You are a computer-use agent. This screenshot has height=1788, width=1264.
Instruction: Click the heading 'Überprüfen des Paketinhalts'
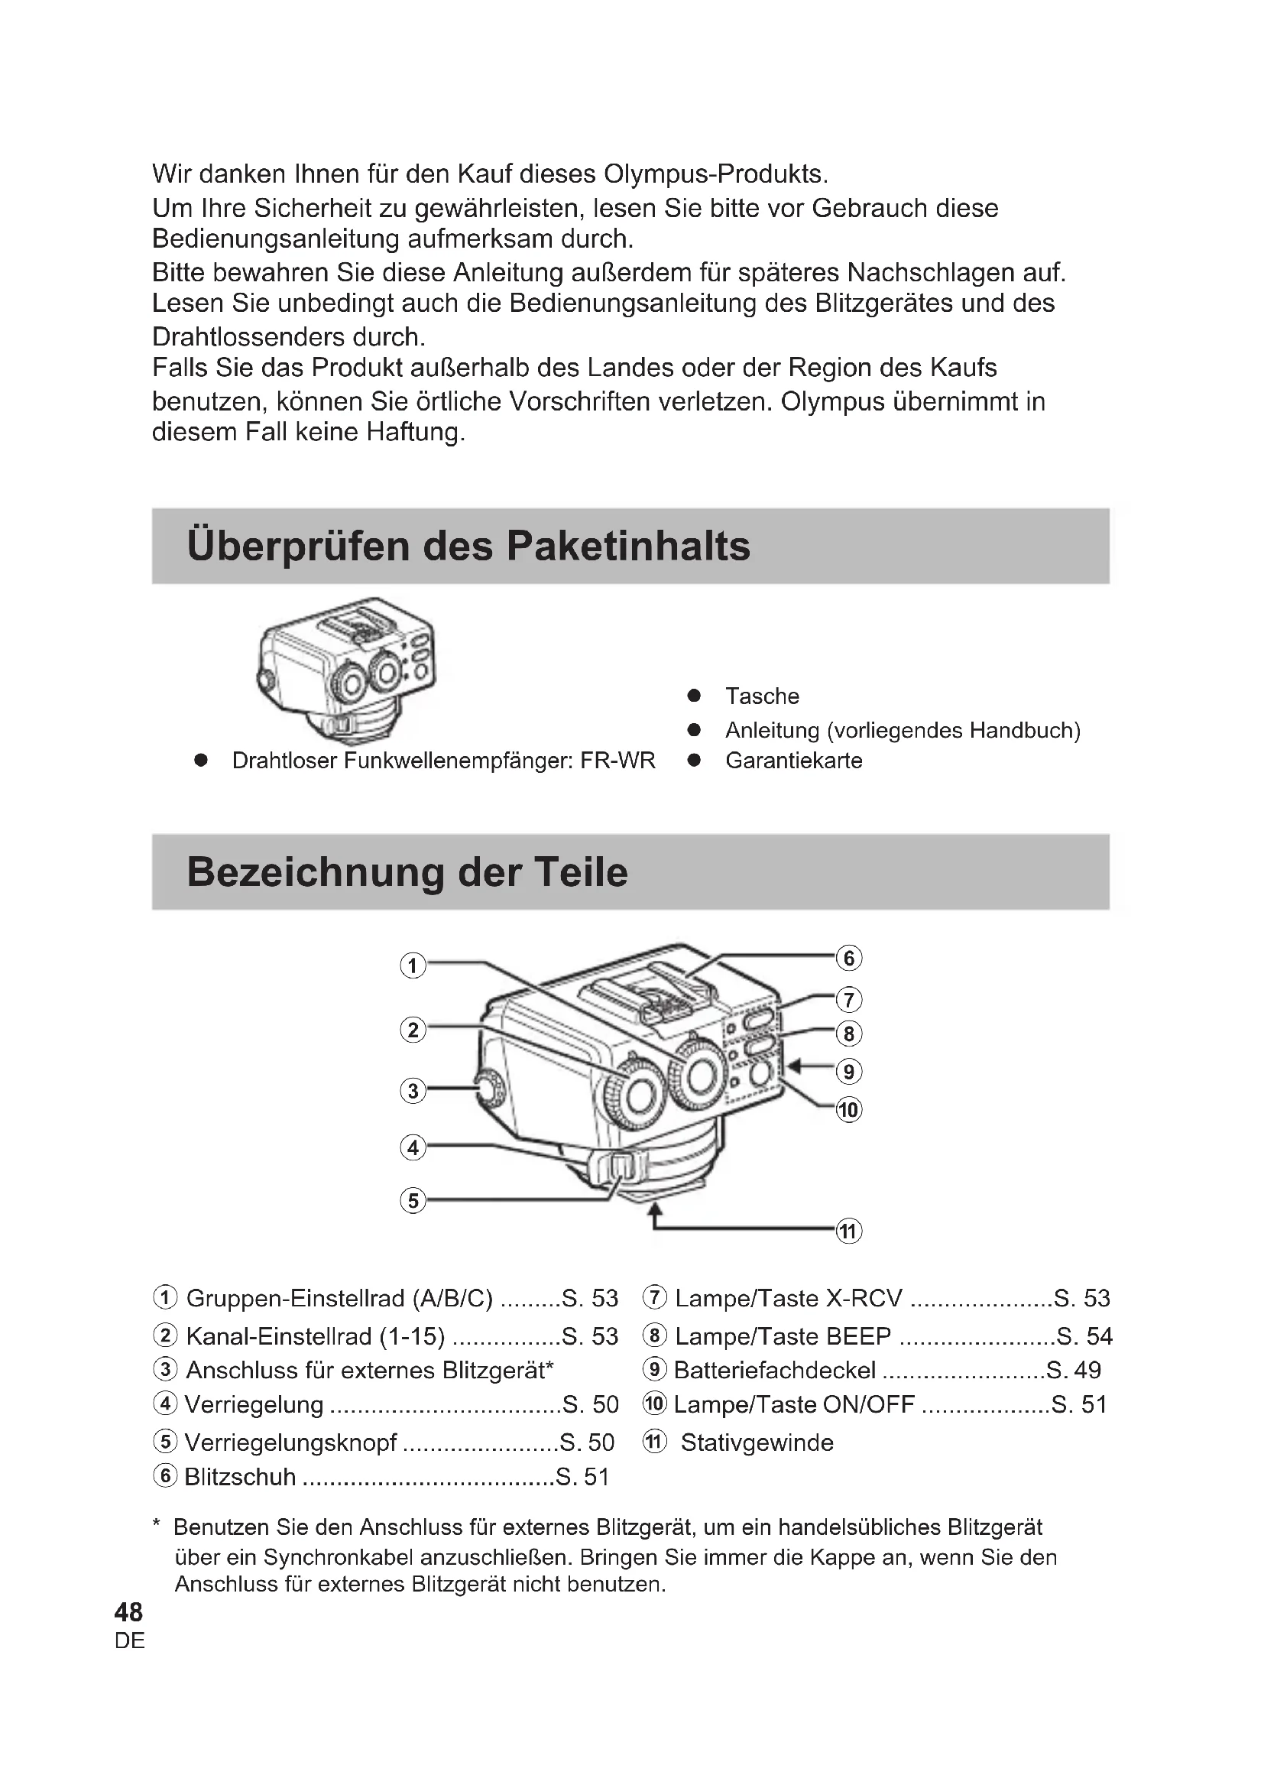click(x=468, y=546)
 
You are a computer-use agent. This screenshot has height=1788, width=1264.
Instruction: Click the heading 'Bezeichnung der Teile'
click(x=407, y=871)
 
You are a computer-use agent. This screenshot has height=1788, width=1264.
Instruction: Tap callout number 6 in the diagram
click(x=848, y=957)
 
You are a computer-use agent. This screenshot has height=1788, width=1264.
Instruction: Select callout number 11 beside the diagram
click(x=848, y=1231)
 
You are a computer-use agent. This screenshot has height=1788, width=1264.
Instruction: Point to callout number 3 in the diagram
click(x=413, y=1090)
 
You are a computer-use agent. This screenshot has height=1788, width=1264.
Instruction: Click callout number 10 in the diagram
click(x=848, y=1109)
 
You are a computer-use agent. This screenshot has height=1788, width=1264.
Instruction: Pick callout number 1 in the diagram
click(x=413, y=966)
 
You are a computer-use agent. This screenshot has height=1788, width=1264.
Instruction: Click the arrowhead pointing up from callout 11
click(x=656, y=1209)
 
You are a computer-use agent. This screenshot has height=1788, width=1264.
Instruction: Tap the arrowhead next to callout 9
click(x=796, y=1065)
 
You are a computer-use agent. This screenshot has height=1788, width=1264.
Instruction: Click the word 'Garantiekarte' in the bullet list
click(x=793, y=760)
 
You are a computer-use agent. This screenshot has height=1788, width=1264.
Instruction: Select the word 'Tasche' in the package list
click(x=762, y=696)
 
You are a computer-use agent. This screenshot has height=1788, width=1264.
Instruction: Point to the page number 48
click(x=128, y=1611)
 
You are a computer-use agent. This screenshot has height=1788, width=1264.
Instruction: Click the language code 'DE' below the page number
click(x=129, y=1640)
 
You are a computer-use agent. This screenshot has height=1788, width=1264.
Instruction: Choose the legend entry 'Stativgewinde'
click(x=757, y=1442)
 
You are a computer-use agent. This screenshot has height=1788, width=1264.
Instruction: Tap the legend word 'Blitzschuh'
click(x=240, y=1477)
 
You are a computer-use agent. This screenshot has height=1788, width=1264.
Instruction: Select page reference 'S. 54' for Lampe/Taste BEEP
click(x=1084, y=1335)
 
